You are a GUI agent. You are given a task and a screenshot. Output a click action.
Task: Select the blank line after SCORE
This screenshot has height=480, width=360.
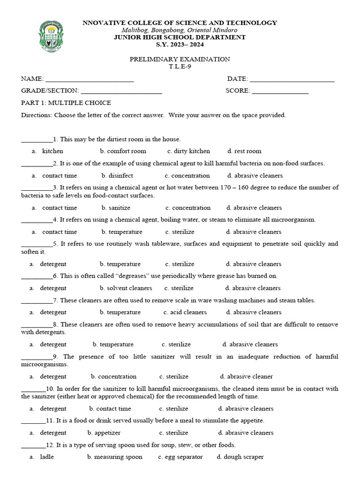[x=280, y=93]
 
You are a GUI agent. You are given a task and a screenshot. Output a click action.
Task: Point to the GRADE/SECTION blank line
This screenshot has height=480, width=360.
[x=121, y=93]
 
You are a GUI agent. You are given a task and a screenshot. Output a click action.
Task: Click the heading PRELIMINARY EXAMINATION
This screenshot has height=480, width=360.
[x=180, y=59]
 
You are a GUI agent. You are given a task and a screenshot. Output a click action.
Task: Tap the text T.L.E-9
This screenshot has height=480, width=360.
[x=180, y=66]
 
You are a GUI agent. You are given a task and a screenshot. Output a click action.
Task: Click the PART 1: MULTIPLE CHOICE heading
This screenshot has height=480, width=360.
[x=66, y=103]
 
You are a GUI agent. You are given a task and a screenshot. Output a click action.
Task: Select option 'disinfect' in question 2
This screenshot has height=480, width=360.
[x=120, y=175]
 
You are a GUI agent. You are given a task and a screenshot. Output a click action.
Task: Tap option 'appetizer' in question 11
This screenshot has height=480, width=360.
[x=107, y=433]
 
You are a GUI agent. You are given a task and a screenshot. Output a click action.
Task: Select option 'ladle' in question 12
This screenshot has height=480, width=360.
[x=47, y=457]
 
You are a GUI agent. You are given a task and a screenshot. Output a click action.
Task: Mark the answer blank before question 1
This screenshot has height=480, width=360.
[x=37, y=140]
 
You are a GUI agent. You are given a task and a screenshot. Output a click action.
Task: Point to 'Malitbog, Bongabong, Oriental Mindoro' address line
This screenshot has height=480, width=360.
[x=180, y=30]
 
